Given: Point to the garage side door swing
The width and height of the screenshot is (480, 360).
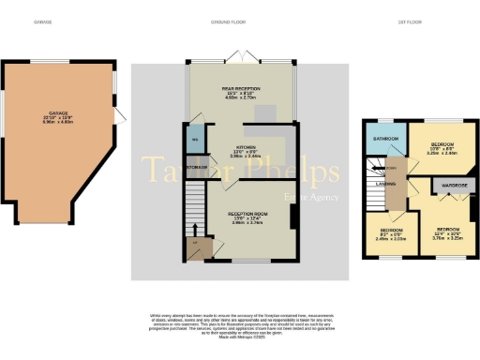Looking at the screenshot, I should (x=120, y=117).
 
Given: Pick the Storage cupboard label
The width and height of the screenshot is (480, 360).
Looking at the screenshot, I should (x=196, y=167).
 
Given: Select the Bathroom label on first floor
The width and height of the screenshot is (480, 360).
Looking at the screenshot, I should (x=386, y=139).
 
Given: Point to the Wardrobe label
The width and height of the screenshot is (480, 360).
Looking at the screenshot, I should (x=451, y=186).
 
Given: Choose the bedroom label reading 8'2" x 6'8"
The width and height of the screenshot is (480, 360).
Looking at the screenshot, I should (x=392, y=232).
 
